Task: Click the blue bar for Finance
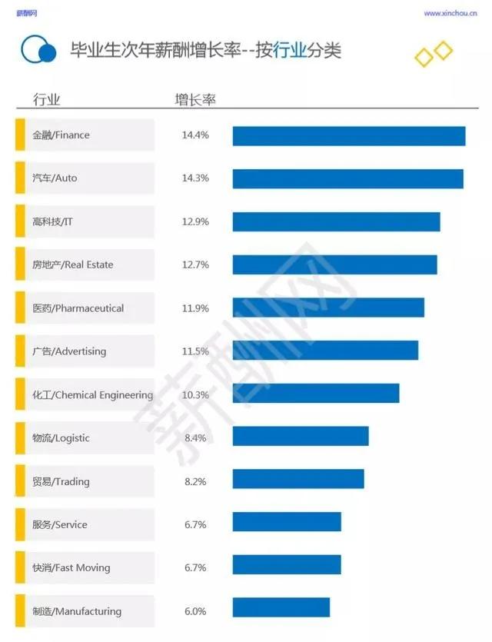(x=349, y=135)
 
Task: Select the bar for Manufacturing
(x=281, y=607)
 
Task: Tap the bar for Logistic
(x=301, y=437)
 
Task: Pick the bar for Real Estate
(x=334, y=264)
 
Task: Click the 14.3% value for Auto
(x=195, y=178)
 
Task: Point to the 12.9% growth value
(x=195, y=221)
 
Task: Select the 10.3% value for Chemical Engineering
(x=195, y=394)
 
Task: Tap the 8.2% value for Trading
(x=195, y=481)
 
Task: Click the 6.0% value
(x=195, y=611)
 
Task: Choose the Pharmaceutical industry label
(x=78, y=308)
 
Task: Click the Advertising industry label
(x=69, y=351)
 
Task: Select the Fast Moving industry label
(x=71, y=567)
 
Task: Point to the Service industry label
(x=60, y=524)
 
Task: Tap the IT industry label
(x=53, y=221)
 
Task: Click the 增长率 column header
(x=194, y=100)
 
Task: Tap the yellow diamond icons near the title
(x=434, y=55)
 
